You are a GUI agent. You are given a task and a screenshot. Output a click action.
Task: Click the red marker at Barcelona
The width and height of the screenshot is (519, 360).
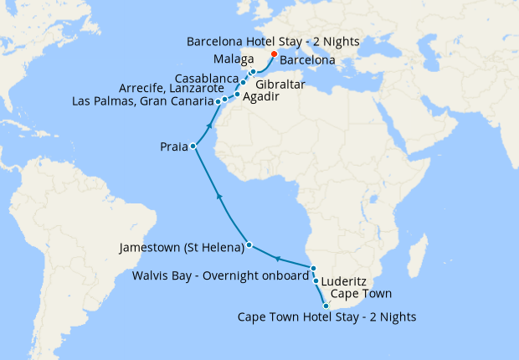click(274, 54)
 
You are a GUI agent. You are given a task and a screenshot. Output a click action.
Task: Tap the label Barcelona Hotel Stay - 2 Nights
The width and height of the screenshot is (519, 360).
click(262, 40)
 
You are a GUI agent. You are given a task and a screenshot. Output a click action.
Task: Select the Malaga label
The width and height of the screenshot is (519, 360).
click(234, 60)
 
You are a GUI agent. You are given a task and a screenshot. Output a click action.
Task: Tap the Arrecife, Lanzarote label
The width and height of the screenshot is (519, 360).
click(172, 88)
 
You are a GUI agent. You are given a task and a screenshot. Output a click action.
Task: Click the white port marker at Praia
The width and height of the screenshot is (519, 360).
click(193, 147)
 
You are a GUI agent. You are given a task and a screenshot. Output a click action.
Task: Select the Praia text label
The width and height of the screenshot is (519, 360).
click(174, 147)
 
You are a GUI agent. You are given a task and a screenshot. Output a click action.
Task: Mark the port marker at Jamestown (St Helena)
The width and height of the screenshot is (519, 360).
click(249, 246)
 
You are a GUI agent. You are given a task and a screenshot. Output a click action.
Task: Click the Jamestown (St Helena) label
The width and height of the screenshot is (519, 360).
click(182, 247)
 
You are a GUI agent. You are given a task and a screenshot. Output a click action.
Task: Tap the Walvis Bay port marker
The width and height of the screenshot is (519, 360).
click(313, 268)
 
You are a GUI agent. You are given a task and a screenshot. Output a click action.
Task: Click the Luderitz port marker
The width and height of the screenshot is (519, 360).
click(316, 281)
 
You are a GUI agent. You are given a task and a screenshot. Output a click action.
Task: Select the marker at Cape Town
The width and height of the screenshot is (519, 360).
click(326, 306)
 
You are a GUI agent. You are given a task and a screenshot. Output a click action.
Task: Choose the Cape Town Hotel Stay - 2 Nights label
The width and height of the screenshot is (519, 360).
click(326, 317)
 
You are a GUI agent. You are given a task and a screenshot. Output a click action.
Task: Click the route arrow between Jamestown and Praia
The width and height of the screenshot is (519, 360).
click(218, 195)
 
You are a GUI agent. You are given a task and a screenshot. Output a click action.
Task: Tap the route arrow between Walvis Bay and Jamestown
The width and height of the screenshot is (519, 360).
click(277, 258)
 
